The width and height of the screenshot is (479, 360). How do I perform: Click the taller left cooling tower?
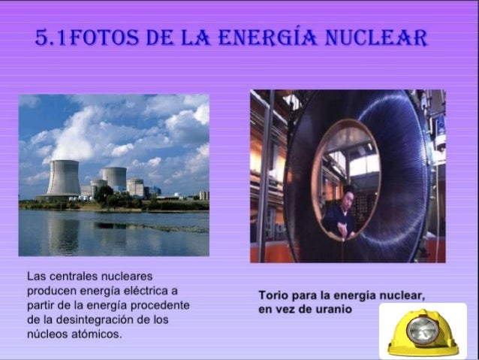pyautogui.click(x=63, y=177)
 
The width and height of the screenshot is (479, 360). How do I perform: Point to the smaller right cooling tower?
pyautogui.click(x=115, y=178)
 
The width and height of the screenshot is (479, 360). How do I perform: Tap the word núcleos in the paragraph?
pyautogui.click(x=46, y=333)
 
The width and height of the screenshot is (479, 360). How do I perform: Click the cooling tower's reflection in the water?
pyautogui.click(x=64, y=233)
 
